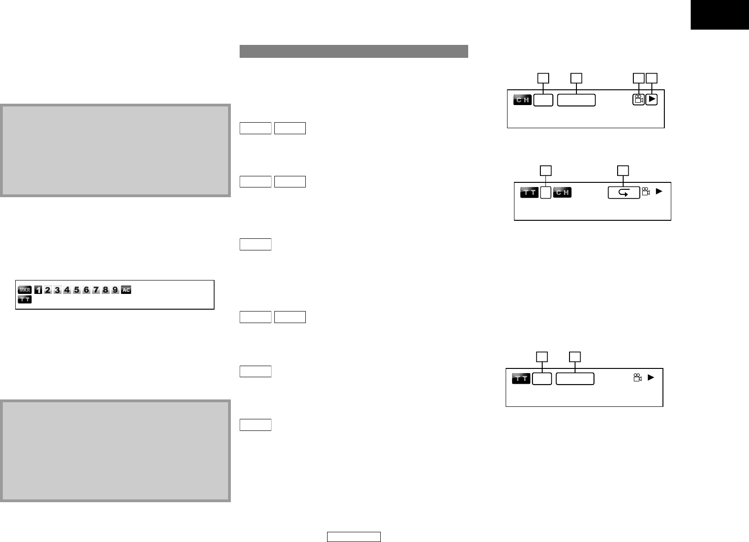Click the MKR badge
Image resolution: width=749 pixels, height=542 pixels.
pos(25,290)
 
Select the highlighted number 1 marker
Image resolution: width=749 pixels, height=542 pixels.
pos(38,290)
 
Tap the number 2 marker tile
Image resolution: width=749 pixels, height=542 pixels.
pos(48,290)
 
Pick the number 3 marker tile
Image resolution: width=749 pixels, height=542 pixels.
pos(57,290)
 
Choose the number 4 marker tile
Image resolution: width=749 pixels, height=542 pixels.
pos(67,290)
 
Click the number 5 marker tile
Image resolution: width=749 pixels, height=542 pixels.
pos(77,290)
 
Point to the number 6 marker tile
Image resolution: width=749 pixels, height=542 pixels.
pos(87,290)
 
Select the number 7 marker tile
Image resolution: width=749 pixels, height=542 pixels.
pos(96,290)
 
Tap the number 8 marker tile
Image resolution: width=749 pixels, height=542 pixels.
pos(106,290)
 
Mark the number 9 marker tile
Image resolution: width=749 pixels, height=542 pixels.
pos(115,290)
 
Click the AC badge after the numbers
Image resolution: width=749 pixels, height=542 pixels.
pos(126,290)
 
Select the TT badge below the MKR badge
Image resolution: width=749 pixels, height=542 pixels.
pos(25,299)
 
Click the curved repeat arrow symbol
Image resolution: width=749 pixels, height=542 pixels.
pos(624,193)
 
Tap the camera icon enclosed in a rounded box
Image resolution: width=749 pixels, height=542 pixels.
pos(638,100)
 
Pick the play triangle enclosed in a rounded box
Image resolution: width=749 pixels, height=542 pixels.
pos(651,99)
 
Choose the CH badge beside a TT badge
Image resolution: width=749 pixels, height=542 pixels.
pos(562,193)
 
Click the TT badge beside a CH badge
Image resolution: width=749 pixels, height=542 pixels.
pos(529,193)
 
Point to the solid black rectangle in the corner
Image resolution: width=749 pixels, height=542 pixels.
pos(720,15)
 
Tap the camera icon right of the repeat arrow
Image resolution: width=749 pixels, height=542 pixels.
pos(646,192)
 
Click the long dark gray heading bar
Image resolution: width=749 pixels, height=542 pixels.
pos(354,51)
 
